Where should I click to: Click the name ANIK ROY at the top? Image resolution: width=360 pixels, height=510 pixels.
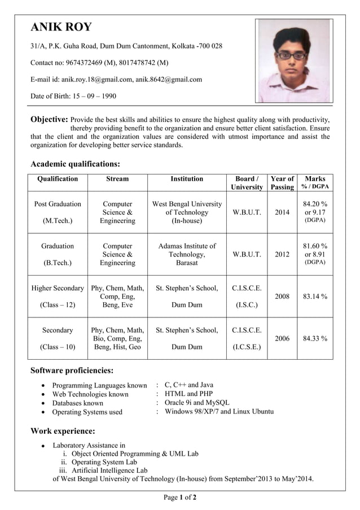(x=61, y=27)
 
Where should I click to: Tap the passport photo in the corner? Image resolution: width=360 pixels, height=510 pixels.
(x=293, y=61)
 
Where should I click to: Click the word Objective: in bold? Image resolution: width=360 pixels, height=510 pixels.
(x=49, y=120)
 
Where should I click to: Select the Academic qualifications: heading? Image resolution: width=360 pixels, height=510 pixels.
(x=74, y=164)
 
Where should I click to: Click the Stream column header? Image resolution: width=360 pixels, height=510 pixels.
(x=117, y=179)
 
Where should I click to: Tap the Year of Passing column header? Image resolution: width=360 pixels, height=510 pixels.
(x=282, y=183)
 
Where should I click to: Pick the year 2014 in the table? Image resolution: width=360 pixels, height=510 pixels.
(x=282, y=212)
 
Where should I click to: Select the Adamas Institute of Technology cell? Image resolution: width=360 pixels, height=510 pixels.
(x=187, y=255)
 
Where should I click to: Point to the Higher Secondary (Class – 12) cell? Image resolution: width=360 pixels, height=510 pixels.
(x=58, y=297)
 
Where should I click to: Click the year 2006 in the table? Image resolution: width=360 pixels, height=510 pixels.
(x=282, y=338)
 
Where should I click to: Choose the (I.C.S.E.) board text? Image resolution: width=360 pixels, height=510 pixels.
(x=247, y=347)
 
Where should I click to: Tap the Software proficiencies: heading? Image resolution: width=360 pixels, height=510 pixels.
(x=72, y=370)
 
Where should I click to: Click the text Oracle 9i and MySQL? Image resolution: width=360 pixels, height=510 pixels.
(x=197, y=403)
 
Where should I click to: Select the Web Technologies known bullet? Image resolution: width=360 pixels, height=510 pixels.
(x=90, y=394)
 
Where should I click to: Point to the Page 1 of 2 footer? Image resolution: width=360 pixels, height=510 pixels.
(x=180, y=498)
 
